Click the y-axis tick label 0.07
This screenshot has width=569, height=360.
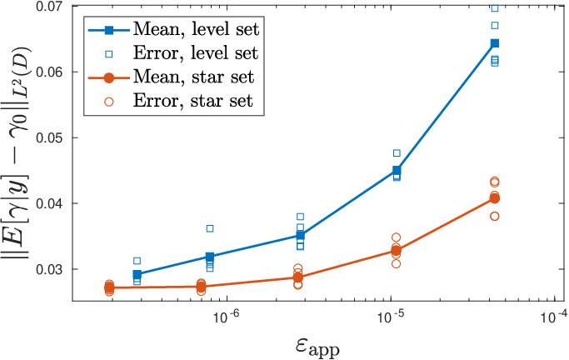tap(51, 6)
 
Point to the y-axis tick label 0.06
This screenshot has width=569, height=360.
tap(51, 72)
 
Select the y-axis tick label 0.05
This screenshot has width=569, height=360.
tap(51, 137)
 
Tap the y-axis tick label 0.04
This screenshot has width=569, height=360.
tap(51, 203)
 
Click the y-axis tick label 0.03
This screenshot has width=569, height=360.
tap(51, 269)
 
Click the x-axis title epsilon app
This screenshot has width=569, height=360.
tap(317, 347)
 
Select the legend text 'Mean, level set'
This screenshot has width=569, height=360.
tap(196, 29)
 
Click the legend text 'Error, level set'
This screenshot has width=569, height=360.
tap(196, 53)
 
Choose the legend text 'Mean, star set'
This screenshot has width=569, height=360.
tap(194, 77)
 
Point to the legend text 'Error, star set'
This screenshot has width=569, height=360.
tap(193, 101)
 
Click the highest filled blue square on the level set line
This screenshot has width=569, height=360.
tap(494, 43)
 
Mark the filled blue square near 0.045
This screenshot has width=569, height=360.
tap(397, 170)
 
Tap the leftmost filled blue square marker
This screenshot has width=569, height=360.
tap(137, 274)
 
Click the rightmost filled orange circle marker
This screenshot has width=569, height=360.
tap(494, 198)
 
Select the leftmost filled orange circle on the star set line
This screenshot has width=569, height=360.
tap(109, 287)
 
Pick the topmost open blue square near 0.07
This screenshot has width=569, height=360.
tap(494, 8)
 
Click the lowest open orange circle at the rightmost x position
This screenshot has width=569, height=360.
tap(494, 217)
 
